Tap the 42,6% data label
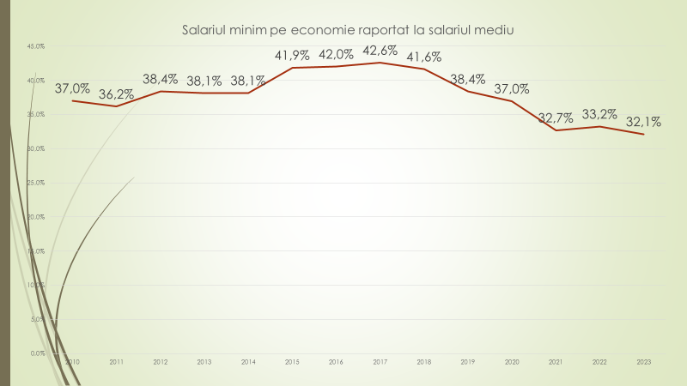point(380,50)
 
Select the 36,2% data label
point(117,94)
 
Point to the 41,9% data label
point(292,56)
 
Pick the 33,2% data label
point(599,114)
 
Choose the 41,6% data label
point(423,57)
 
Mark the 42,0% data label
point(336,55)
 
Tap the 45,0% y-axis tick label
point(35,46)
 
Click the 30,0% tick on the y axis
point(35,148)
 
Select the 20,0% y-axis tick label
point(35,217)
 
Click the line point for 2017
point(380,63)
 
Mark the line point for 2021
point(556,130)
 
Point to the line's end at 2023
point(643,134)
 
